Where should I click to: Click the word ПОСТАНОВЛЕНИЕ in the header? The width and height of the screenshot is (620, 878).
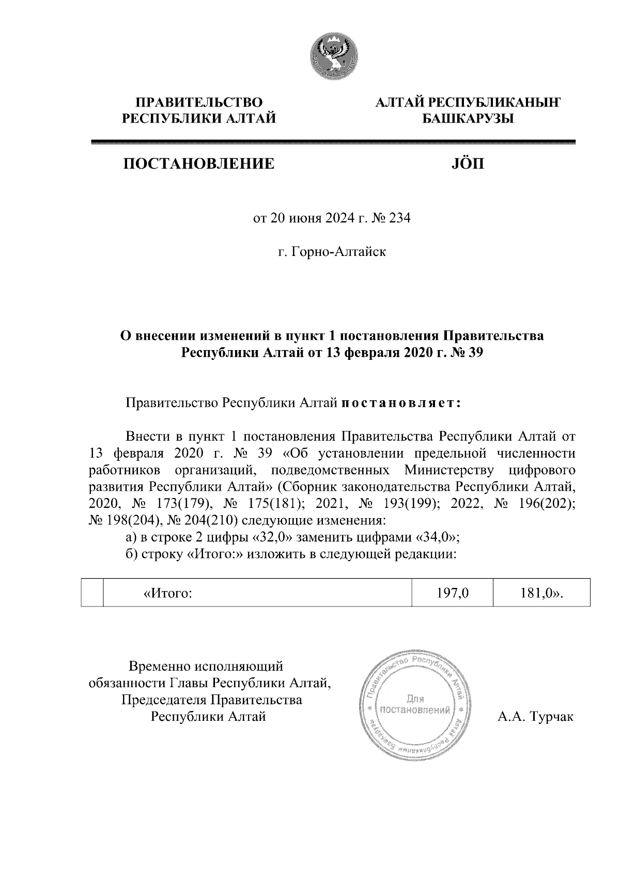pyautogui.click(x=198, y=164)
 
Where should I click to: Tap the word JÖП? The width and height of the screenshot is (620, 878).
pyautogui.click(x=469, y=164)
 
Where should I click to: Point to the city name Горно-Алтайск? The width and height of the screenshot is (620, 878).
pyautogui.click(x=338, y=252)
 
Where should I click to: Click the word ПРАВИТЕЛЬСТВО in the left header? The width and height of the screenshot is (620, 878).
pyautogui.click(x=198, y=102)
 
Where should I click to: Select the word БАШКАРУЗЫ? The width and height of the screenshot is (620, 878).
pyautogui.click(x=468, y=119)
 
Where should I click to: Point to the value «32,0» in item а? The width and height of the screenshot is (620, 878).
pyautogui.click(x=273, y=537)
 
